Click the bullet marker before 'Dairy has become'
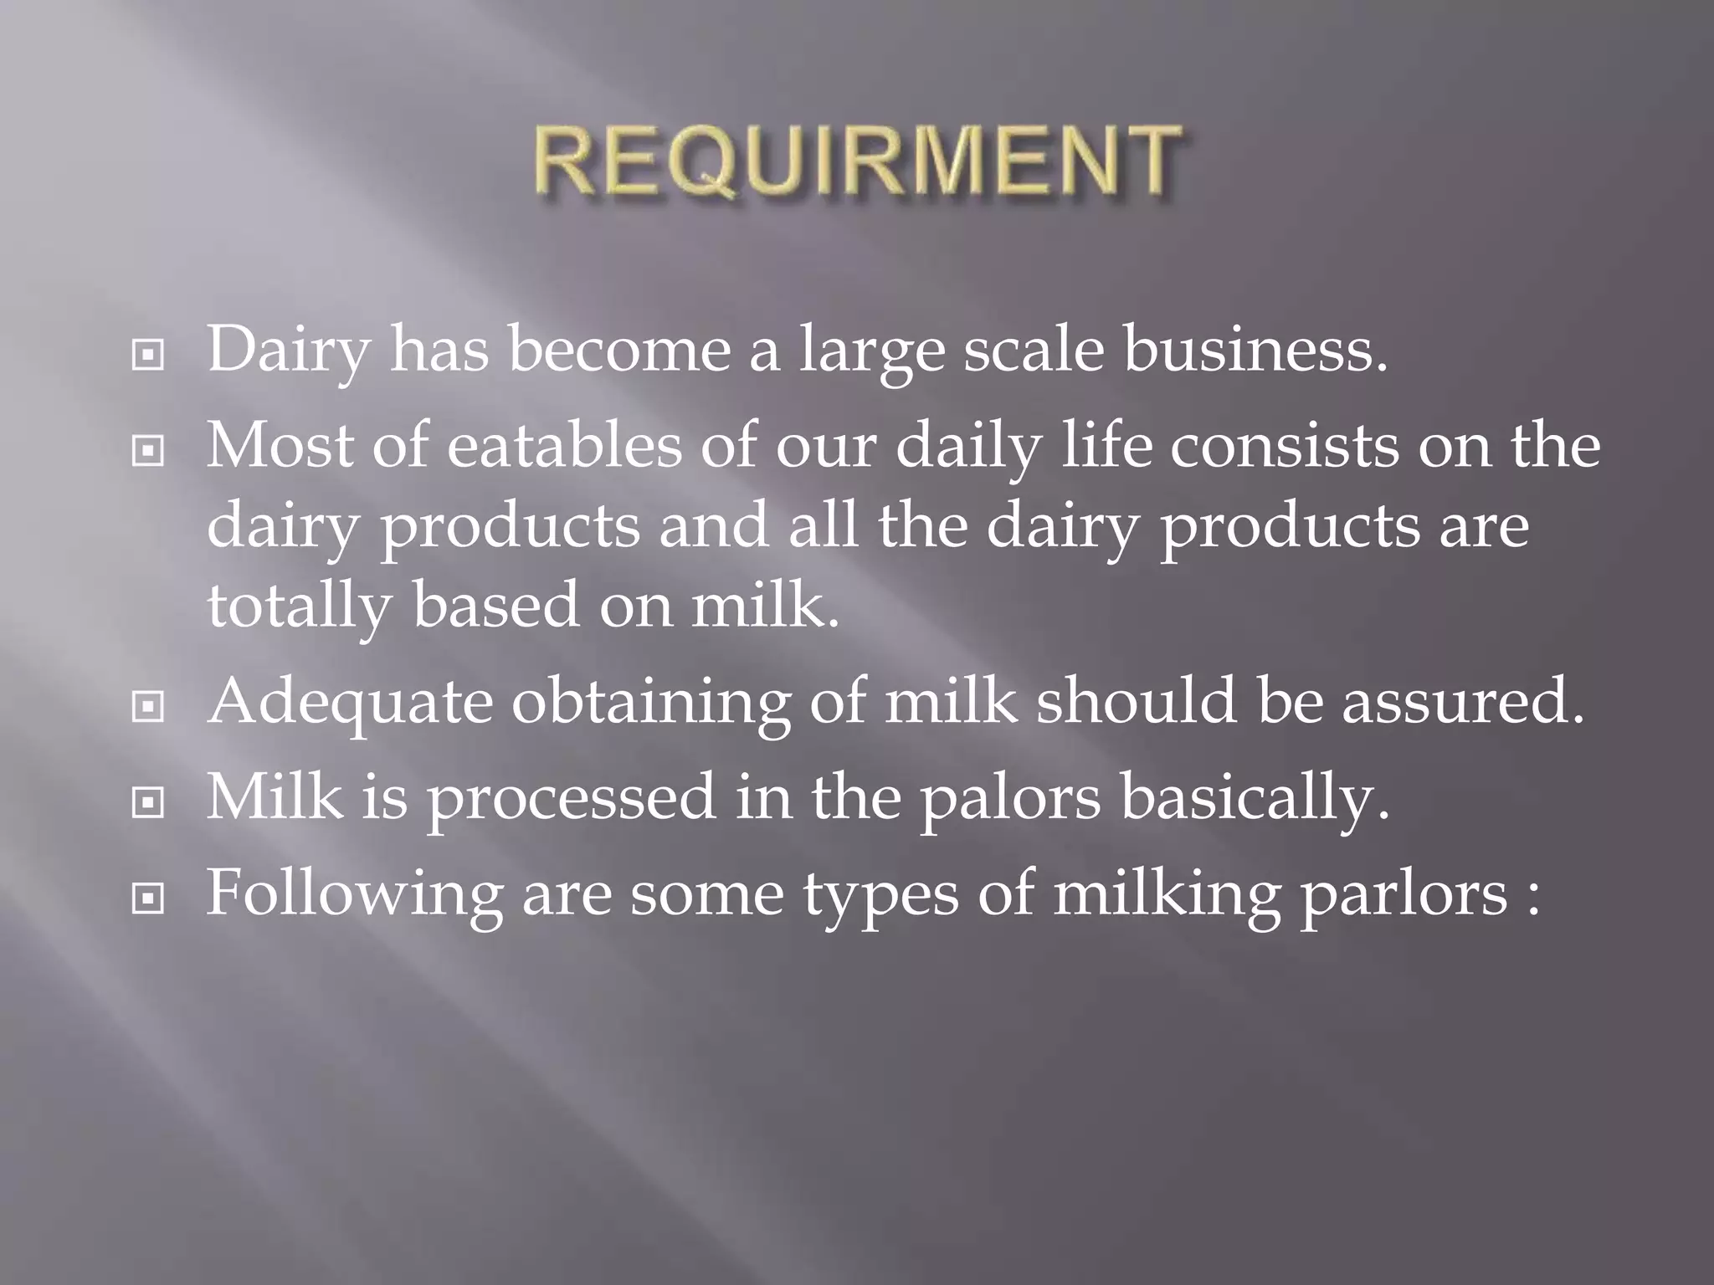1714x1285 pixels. pos(148,356)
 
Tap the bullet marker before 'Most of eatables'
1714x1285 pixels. pos(148,452)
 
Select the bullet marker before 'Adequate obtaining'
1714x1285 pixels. pos(148,708)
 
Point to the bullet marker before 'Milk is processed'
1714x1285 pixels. pos(148,803)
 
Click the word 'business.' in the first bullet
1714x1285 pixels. pos(1255,349)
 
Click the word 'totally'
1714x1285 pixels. pos(299,606)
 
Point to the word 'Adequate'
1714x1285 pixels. pos(350,701)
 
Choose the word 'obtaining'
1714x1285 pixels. pos(650,701)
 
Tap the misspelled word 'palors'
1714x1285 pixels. pos(1010,797)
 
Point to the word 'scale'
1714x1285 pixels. pos(1034,349)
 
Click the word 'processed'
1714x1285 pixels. pos(572,797)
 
